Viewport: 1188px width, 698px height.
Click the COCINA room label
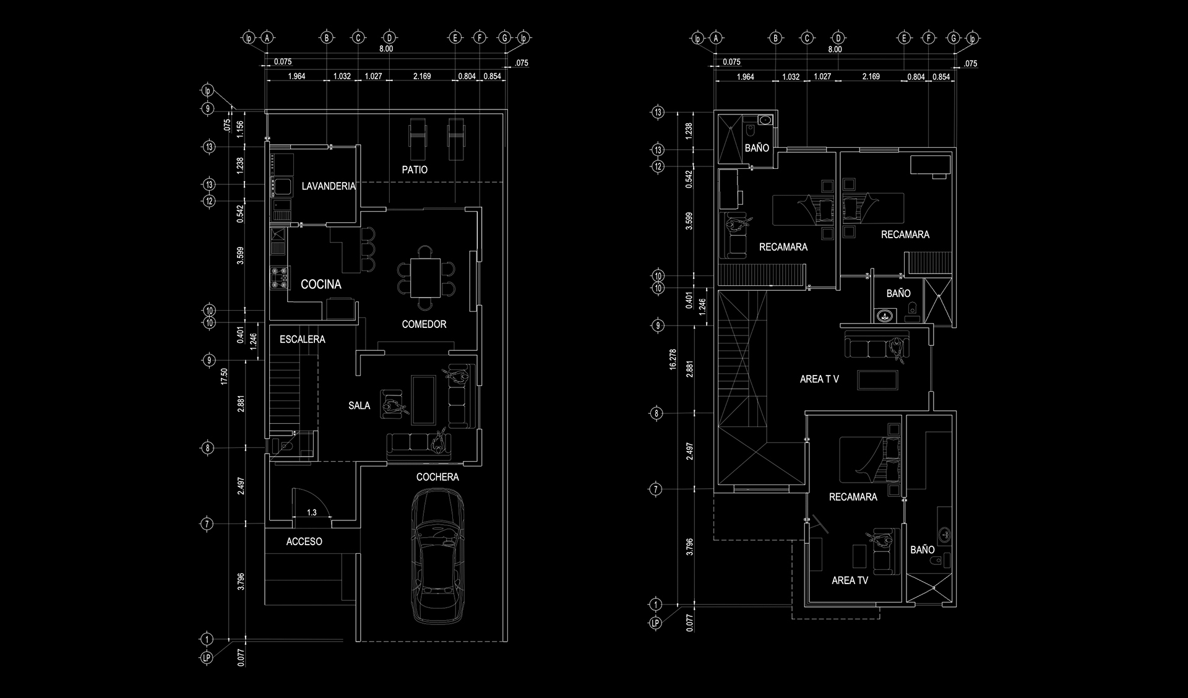(321, 284)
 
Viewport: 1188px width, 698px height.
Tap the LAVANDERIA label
(328, 186)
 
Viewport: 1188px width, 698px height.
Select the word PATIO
(414, 170)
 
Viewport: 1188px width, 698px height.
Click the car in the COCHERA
(438, 556)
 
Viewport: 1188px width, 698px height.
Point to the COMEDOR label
(424, 324)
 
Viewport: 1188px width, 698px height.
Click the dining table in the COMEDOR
(425, 278)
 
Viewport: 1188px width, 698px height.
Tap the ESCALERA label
(302, 339)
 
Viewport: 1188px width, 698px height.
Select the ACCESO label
(304, 541)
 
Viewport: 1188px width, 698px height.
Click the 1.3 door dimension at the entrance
(311, 512)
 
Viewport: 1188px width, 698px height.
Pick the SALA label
(359, 406)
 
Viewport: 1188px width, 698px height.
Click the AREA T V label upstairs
(819, 379)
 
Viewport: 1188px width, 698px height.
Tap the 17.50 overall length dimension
(224, 376)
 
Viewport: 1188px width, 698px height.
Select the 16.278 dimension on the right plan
(673, 360)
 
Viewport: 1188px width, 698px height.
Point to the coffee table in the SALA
(423, 400)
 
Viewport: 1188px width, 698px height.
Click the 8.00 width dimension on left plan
(385, 49)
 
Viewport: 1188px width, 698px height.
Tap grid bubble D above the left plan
(389, 38)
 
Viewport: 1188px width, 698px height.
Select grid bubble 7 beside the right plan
(656, 489)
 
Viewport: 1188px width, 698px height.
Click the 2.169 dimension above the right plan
(871, 77)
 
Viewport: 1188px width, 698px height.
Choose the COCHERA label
(437, 477)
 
